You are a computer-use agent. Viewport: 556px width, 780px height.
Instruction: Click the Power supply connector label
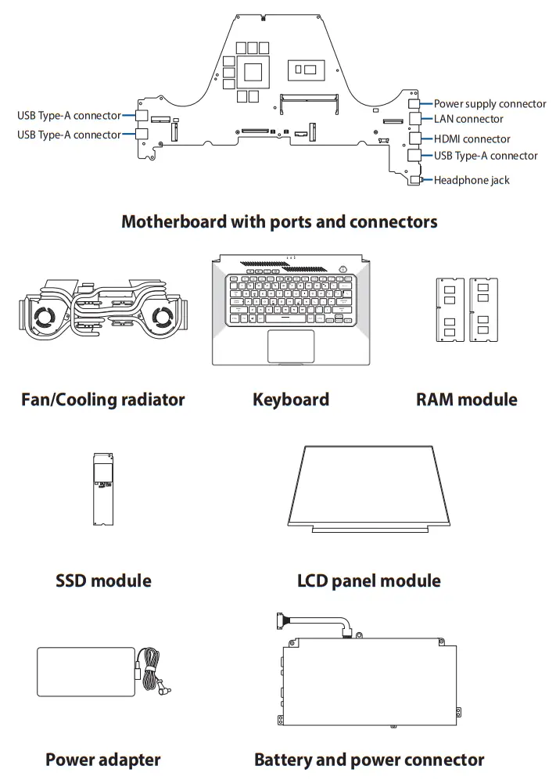pos(490,104)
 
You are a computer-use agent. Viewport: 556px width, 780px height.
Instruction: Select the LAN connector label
pos(468,119)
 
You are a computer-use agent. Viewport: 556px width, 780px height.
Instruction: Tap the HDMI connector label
pos(472,138)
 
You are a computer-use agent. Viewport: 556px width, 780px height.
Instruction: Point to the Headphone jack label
pos(472,180)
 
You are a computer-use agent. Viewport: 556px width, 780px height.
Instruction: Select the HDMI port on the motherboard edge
pos(414,138)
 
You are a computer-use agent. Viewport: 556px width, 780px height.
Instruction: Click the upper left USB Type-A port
pos(142,116)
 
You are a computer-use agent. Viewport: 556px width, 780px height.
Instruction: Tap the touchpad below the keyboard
pos(291,347)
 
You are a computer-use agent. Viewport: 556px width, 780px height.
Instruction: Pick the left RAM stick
pos(450,310)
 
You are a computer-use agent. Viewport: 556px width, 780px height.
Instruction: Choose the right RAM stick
pos(483,310)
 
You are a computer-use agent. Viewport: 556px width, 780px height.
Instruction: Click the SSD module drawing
pos(103,489)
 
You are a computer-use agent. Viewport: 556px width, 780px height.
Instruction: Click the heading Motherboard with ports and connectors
pos(279,222)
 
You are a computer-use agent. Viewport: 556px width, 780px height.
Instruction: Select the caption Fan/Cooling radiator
pos(103,400)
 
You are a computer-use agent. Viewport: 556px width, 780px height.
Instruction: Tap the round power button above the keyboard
pos(343,269)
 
